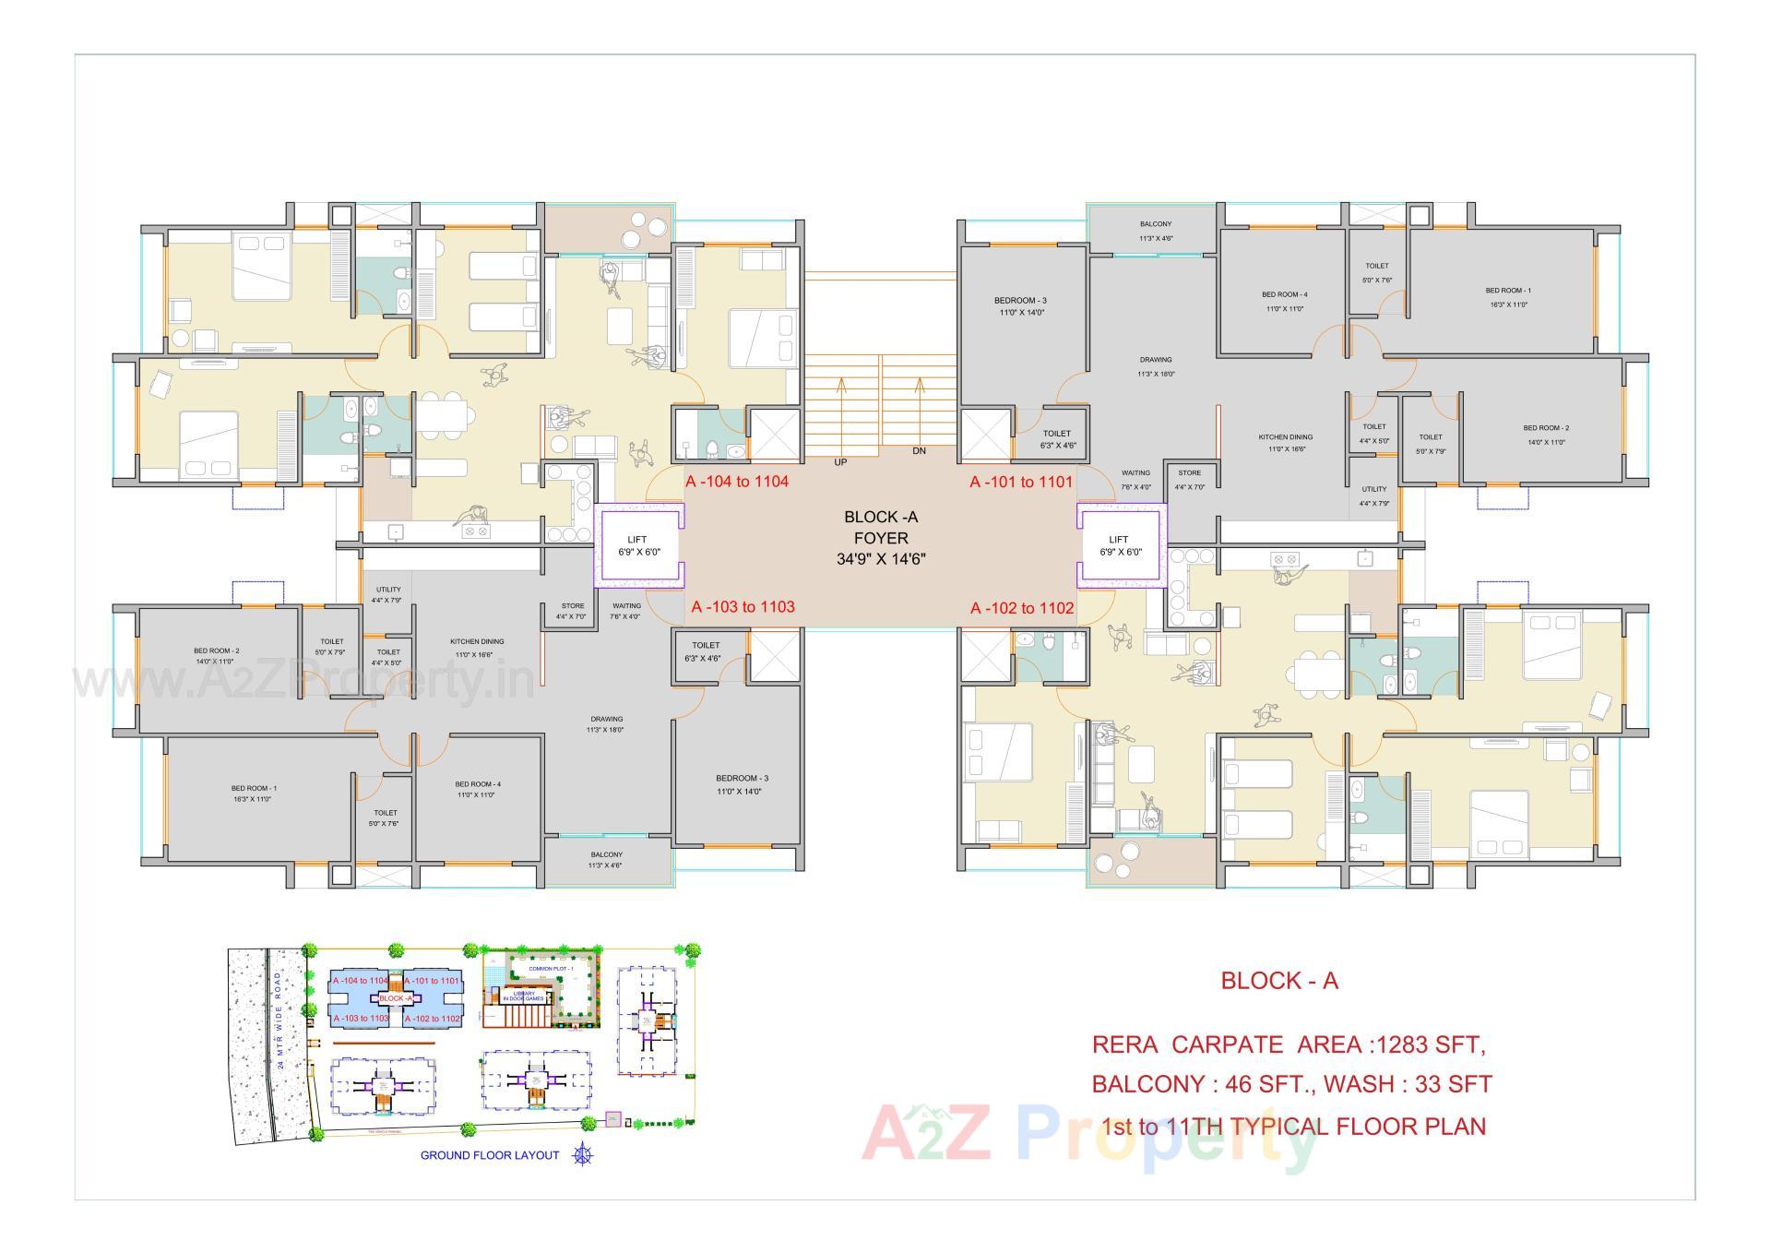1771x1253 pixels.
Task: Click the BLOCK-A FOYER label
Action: [880, 537]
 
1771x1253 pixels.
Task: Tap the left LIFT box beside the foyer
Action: [637, 545]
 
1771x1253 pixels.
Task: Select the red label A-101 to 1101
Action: [1021, 482]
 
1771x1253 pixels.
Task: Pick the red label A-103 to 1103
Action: [743, 607]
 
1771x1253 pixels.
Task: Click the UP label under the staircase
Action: [840, 462]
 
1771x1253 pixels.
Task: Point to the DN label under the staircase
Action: [919, 451]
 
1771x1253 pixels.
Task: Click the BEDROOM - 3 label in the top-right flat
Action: [1020, 301]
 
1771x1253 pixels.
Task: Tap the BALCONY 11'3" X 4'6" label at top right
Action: [1155, 231]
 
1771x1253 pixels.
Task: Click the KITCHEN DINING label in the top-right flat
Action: [1285, 437]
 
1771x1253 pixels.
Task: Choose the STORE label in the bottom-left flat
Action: [572, 606]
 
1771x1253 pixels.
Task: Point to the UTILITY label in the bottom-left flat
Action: [388, 590]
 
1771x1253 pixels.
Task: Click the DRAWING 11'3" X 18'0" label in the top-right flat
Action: [1155, 366]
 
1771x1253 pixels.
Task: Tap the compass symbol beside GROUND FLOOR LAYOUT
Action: [582, 1154]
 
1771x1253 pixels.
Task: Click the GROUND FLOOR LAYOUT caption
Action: [490, 1155]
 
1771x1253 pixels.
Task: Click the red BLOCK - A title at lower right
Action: [1278, 981]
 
